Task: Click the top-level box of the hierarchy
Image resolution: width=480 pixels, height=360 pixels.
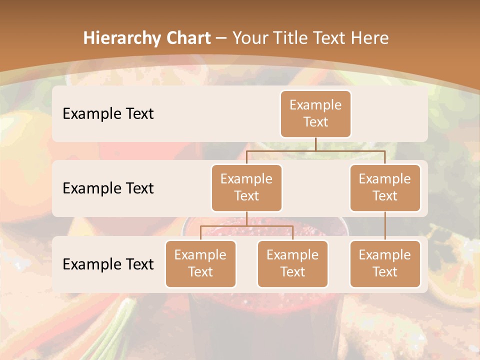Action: coord(315,114)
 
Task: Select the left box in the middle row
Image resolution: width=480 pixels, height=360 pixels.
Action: coord(246,188)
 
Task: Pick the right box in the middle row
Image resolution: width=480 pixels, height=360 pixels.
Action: coord(385,188)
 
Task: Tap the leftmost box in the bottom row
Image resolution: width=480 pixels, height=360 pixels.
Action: coord(200,264)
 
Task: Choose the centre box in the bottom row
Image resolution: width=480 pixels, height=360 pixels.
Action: coord(292,264)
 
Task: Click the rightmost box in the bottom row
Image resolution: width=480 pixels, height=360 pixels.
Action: coord(385,264)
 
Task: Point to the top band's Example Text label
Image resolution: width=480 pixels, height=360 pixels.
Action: coord(108,114)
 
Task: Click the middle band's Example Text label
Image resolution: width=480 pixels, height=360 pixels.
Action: coord(108,188)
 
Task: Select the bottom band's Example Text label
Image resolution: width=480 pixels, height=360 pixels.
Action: coord(108,264)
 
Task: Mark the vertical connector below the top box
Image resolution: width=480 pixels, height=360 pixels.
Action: coord(315,144)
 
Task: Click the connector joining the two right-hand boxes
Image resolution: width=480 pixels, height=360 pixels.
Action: coord(385,226)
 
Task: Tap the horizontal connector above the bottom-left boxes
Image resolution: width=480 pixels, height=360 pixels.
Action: coord(246,226)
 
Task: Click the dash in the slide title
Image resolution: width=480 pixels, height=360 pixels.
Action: coord(220,38)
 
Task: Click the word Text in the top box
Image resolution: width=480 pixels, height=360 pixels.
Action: coord(315,122)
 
